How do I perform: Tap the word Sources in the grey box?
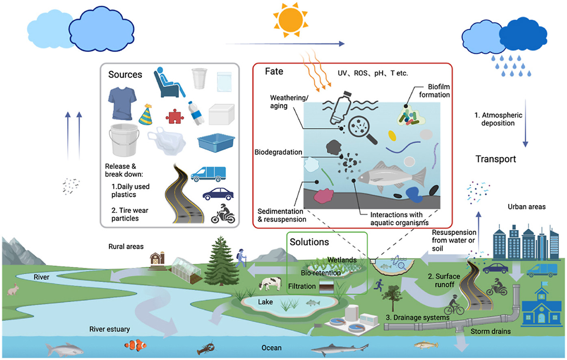[125, 74]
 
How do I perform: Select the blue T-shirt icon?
[122, 103]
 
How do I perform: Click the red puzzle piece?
[175, 117]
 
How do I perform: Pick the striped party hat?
[146, 115]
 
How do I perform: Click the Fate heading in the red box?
[274, 72]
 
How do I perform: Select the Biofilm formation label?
[434, 91]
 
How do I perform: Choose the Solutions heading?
[309, 242]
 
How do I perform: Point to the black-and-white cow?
[270, 283]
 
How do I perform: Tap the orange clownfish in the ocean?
[135, 345]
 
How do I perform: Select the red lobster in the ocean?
[206, 349]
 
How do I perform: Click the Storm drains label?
[490, 332]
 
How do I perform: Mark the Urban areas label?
[526, 207]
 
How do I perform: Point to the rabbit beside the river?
[13, 289]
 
